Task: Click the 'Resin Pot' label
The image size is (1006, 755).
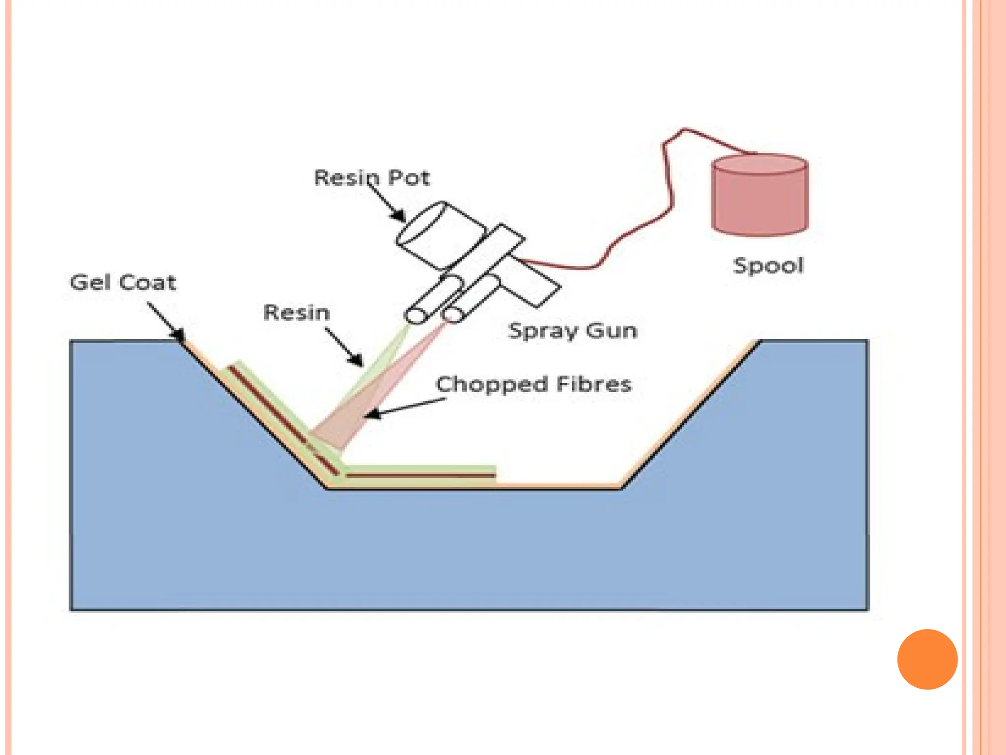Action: click(372, 177)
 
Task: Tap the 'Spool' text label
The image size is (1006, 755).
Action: click(768, 266)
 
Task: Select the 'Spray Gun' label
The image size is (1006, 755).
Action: click(573, 330)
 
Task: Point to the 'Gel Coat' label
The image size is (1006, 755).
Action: click(123, 283)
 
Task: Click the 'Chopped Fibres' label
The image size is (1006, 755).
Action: click(533, 384)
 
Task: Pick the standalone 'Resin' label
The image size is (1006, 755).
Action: click(296, 313)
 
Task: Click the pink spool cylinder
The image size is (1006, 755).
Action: click(760, 197)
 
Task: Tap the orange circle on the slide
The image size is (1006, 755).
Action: click(927, 659)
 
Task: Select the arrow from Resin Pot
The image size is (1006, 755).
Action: click(387, 202)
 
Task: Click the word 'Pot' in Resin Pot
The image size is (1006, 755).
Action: click(409, 177)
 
